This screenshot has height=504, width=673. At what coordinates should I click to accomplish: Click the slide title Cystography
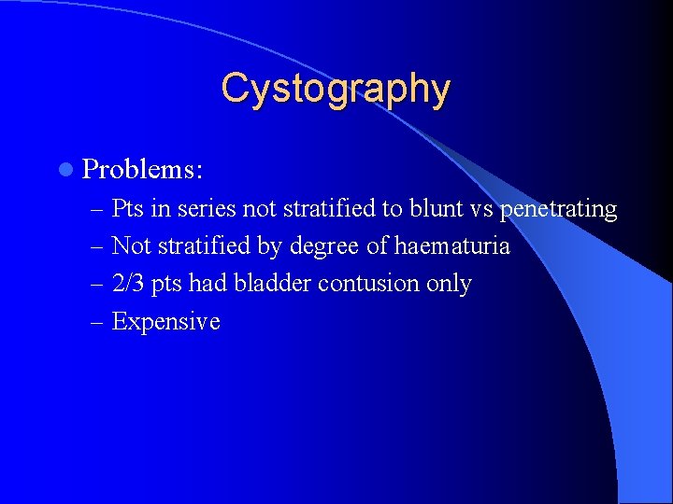pos(336,90)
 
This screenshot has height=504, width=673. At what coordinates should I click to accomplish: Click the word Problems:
pos(143,169)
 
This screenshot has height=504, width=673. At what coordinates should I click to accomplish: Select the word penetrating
pos(558,209)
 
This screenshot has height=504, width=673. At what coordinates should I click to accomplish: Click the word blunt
pos(437,209)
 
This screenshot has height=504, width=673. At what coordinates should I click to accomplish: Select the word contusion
pos(370,284)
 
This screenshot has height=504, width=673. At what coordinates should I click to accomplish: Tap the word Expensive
pos(165,322)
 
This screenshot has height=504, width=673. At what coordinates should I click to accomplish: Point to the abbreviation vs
pos(482,209)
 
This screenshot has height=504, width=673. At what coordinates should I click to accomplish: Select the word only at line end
pos(449,284)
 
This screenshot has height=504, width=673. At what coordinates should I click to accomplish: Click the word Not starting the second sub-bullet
pos(130,246)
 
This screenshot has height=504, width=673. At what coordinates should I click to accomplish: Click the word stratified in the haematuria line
pos(197,246)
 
